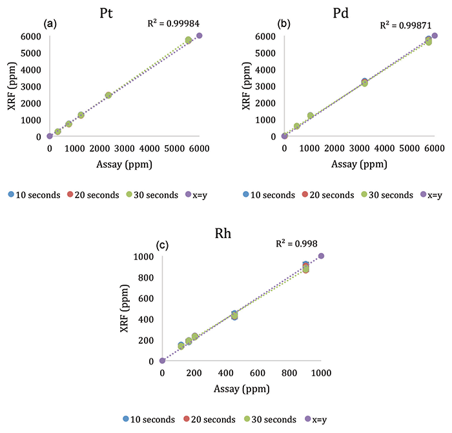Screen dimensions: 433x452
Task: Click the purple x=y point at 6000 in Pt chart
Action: tap(200, 35)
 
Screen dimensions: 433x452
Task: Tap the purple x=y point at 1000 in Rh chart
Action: tap(321, 256)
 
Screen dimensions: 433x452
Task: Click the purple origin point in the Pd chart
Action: tap(284, 136)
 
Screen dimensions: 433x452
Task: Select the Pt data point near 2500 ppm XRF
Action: tap(108, 95)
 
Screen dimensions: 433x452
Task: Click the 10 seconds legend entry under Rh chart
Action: tap(149, 419)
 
